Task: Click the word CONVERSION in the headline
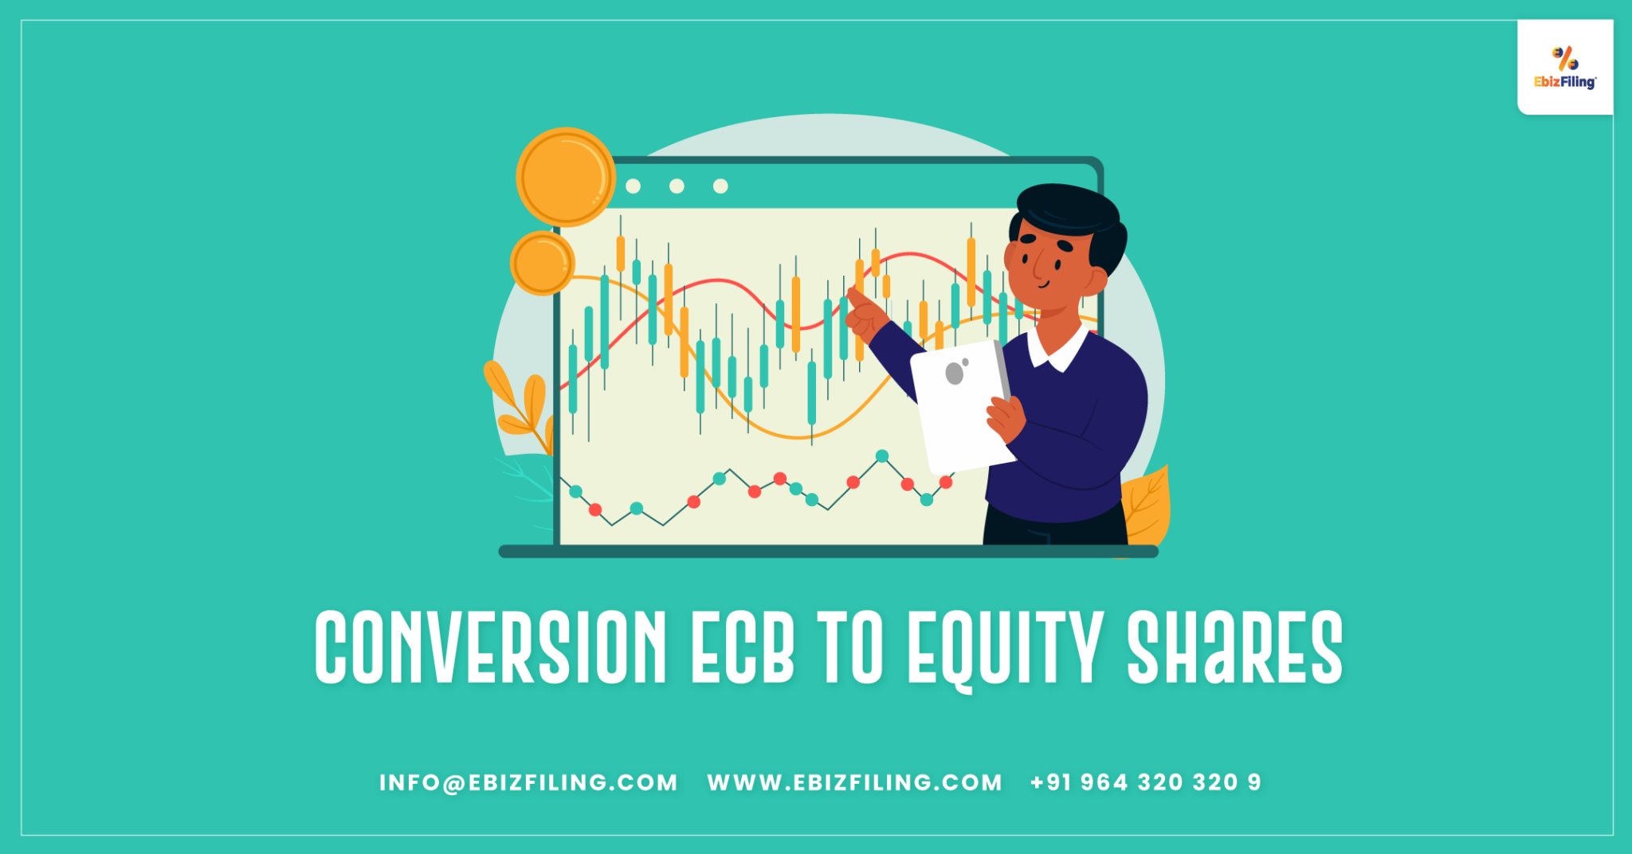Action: (490, 647)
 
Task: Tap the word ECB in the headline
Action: (742, 647)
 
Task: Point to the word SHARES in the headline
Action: (1234, 647)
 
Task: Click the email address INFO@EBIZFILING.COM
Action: (528, 782)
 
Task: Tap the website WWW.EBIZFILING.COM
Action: (854, 782)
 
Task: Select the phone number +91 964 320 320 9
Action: (1145, 782)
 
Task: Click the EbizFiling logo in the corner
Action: (1565, 68)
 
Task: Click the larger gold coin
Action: (566, 177)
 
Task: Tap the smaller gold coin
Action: (542, 263)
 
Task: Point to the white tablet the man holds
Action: (960, 406)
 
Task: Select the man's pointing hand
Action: (864, 315)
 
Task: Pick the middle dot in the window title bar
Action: (677, 186)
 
